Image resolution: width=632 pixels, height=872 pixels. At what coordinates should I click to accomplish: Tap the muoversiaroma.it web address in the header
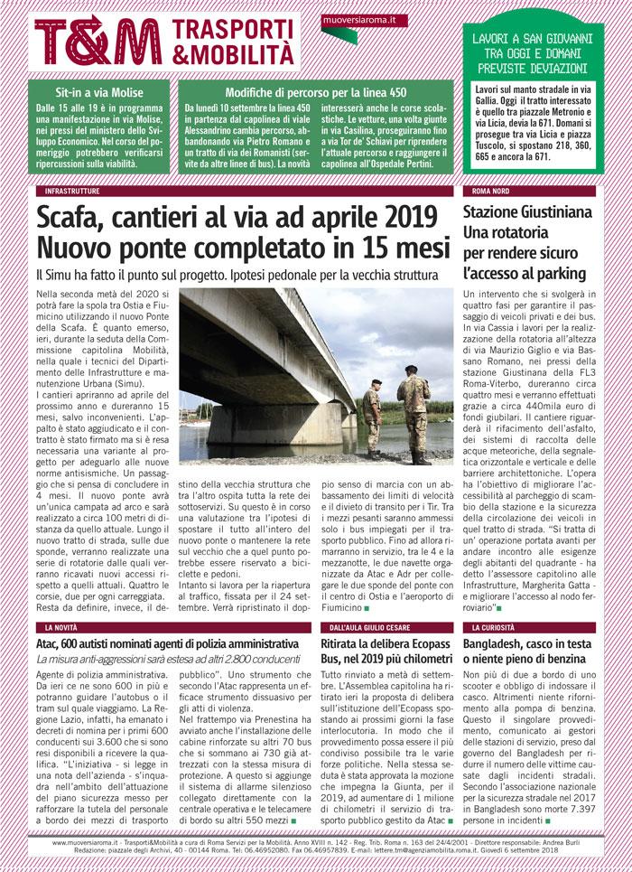tap(365, 19)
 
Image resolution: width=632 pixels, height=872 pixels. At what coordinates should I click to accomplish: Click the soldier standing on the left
tap(371, 418)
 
